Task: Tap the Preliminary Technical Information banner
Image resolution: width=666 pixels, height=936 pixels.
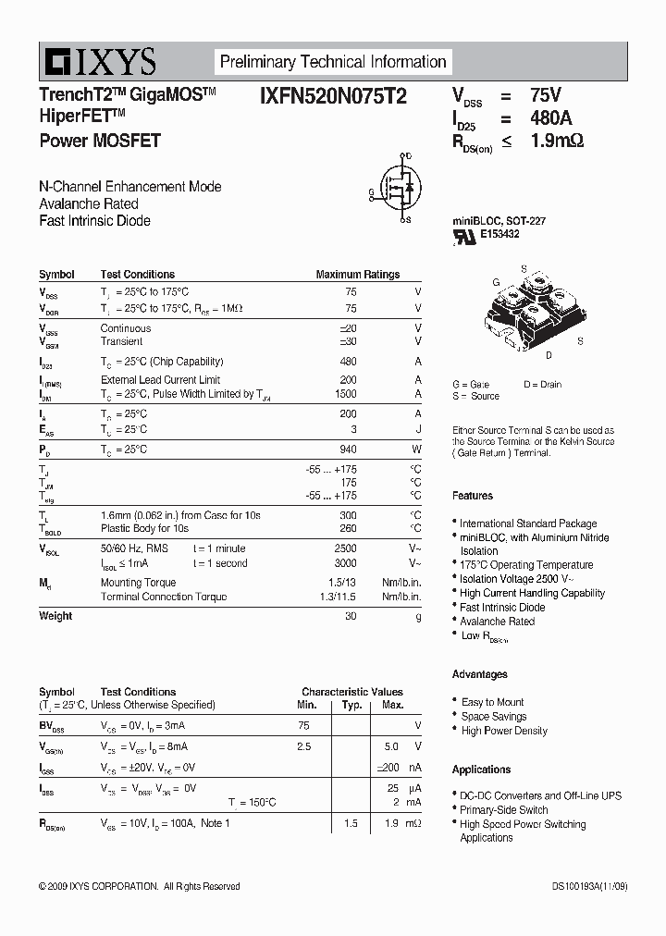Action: tap(332, 62)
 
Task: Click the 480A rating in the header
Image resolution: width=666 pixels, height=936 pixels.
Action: tap(550, 118)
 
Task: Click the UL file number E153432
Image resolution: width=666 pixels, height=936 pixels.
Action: tap(499, 235)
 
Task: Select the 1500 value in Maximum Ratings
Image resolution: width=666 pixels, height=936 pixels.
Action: tap(344, 394)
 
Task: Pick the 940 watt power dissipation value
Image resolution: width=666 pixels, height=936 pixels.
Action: tap(348, 449)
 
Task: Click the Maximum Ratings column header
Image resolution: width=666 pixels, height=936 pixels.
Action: tap(357, 275)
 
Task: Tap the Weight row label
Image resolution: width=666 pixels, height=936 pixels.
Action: tap(55, 616)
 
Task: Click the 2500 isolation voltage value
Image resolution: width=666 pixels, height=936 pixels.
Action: tap(344, 549)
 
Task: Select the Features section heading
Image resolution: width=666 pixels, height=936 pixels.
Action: tap(472, 496)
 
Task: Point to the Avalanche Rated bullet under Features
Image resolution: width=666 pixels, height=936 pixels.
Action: tap(497, 622)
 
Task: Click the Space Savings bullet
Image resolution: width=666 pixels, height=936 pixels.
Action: tap(494, 717)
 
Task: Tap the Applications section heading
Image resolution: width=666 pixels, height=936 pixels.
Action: tap(481, 770)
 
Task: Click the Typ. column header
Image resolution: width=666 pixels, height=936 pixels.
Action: tap(351, 706)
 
